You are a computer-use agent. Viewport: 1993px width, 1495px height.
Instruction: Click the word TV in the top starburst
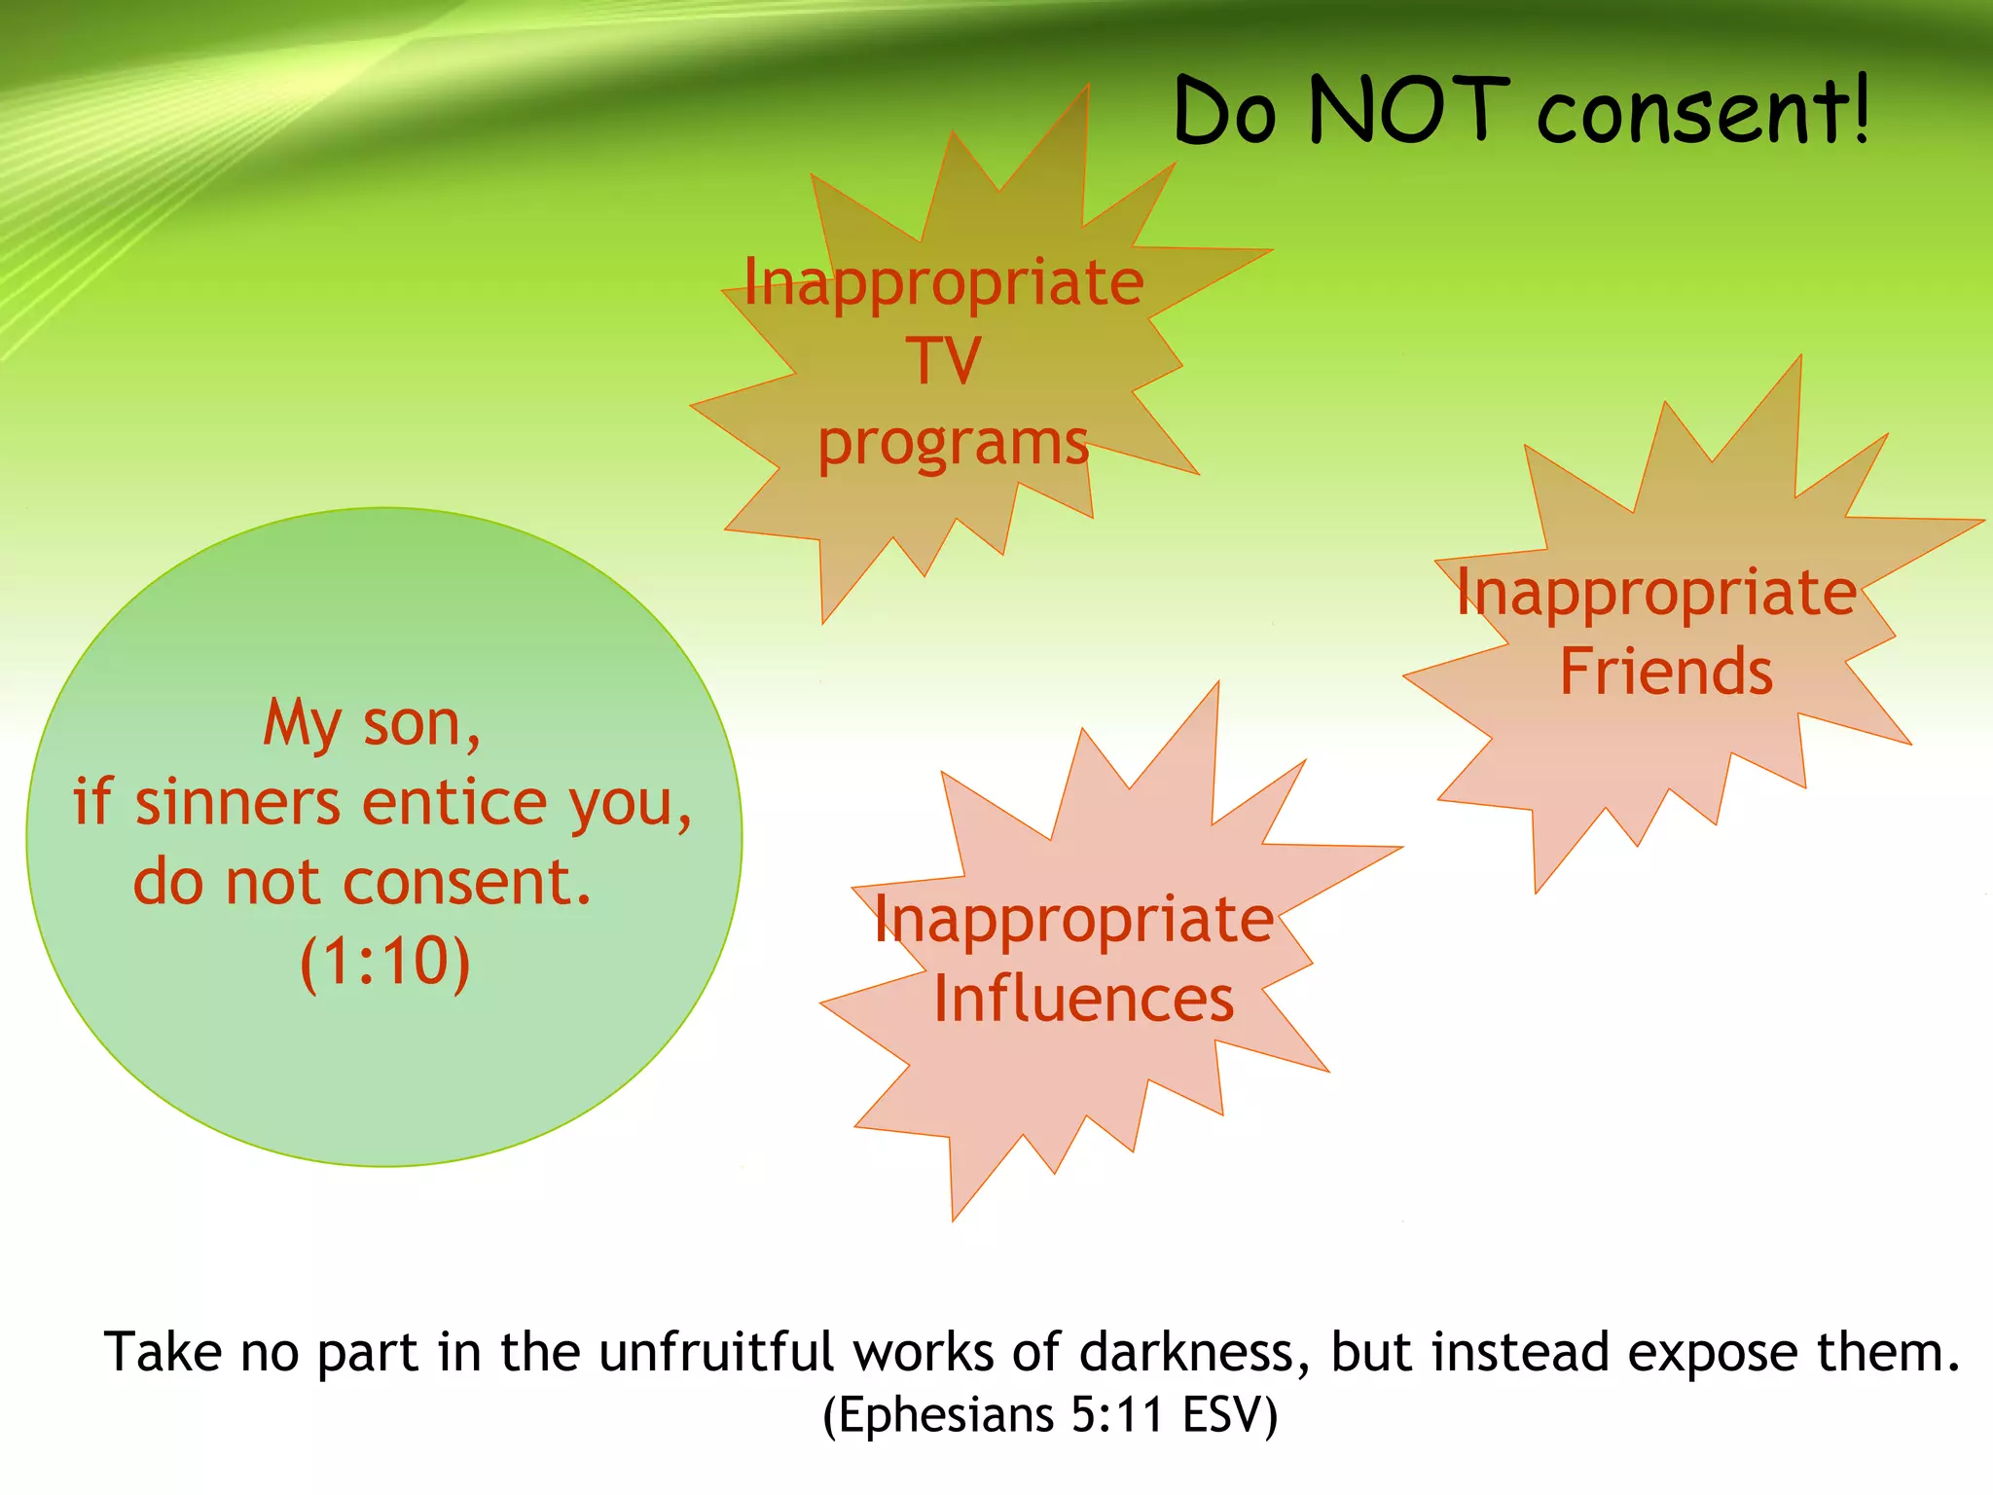coord(943,360)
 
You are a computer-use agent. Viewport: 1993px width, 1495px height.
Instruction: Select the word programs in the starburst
coord(953,443)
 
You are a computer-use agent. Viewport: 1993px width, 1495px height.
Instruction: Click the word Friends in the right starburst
coord(1666,672)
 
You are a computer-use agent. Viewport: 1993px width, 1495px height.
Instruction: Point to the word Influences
coord(1083,999)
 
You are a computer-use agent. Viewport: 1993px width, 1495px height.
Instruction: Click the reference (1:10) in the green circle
coord(385,962)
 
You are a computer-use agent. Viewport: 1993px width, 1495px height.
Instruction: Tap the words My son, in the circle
coord(373,724)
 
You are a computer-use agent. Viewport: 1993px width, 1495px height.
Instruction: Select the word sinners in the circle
coord(237,803)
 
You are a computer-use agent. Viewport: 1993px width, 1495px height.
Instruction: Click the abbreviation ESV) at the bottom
coord(1229,1414)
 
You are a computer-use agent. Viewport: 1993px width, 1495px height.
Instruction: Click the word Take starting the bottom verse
coord(163,1352)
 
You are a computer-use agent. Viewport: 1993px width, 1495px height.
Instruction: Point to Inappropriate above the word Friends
coord(1656,592)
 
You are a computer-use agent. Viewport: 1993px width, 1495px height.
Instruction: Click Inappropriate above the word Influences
coord(1073,919)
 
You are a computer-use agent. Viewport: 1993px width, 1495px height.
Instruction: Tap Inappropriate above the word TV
coord(943,282)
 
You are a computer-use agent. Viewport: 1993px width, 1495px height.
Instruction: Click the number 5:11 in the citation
coord(1116,1414)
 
